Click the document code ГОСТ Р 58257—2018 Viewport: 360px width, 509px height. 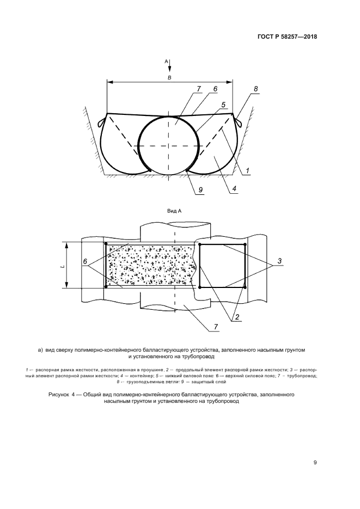(x=287, y=36)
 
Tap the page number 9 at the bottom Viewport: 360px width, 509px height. (x=315, y=463)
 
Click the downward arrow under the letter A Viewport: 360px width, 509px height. (x=169, y=66)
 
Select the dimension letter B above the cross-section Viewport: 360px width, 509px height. (x=169, y=78)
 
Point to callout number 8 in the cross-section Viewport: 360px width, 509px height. (x=256, y=89)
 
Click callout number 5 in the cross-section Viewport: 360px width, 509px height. (x=223, y=105)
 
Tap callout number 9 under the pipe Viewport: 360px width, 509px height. (x=200, y=189)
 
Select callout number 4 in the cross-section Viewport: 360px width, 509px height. (x=234, y=188)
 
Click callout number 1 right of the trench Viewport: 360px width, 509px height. (x=247, y=170)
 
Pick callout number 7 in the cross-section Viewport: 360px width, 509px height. (x=199, y=89)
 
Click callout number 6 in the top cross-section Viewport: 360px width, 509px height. (x=215, y=89)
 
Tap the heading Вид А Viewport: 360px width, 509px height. (x=174, y=211)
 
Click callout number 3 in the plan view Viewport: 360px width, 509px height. (x=279, y=261)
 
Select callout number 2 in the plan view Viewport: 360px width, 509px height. (x=237, y=317)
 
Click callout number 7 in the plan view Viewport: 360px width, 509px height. (x=216, y=327)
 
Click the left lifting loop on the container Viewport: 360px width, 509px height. (x=101, y=120)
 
